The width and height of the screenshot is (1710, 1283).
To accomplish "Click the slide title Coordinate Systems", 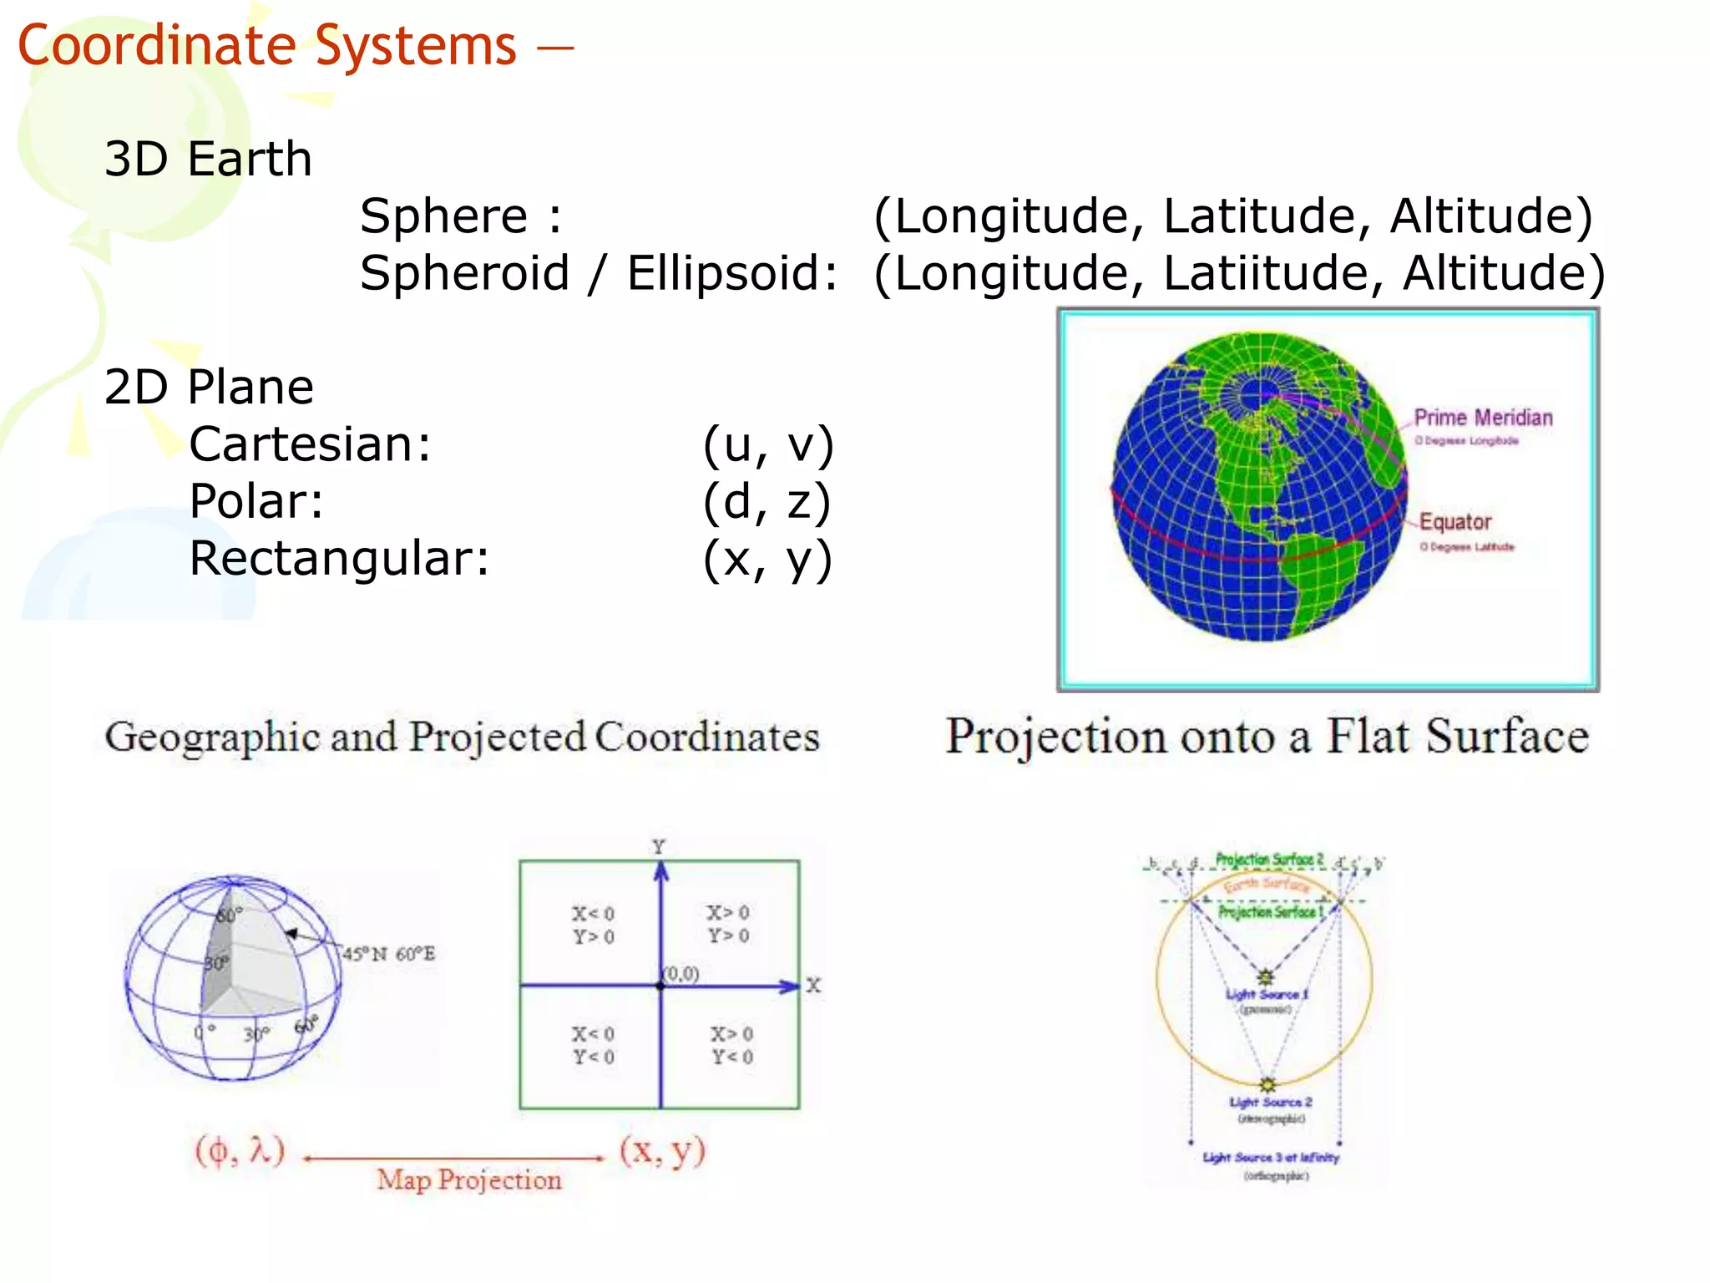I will (x=267, y=45).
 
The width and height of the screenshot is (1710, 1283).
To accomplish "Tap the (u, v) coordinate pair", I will (x=768, y=444).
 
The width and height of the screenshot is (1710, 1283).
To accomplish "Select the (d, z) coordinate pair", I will (x=766, y=502).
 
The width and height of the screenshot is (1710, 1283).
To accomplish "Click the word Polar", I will (x=255, y=502).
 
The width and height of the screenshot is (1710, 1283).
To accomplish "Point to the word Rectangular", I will (x=338, y=559).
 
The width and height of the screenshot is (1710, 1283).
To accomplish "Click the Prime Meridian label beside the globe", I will (x=1483, y=418).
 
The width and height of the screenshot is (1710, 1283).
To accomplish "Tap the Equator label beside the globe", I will (x=1455, y=522).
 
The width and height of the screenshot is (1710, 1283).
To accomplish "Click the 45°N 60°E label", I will (x=389, y=954).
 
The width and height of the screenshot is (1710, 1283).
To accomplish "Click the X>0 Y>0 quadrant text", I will (x=728, y=924).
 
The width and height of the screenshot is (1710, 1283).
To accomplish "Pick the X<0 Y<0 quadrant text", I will (x=593, y=1046).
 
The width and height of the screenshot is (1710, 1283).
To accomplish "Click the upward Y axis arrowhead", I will (x=661, y=871).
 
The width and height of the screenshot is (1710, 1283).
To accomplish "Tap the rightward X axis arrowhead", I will (x=790, y=986).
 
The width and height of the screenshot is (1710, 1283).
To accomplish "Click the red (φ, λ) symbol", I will (x=240, y=1151).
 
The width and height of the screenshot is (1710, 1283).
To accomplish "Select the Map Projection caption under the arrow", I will (x=469, y=1179).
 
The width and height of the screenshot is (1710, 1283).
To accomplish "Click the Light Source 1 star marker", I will (x=1266, y=976).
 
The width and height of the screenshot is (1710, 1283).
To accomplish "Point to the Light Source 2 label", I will (x=1270, y=1103).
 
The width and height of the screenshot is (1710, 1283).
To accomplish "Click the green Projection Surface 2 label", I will (x=1269, y=860).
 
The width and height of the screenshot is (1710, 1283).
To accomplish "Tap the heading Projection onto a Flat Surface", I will (x=1267, y=737).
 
